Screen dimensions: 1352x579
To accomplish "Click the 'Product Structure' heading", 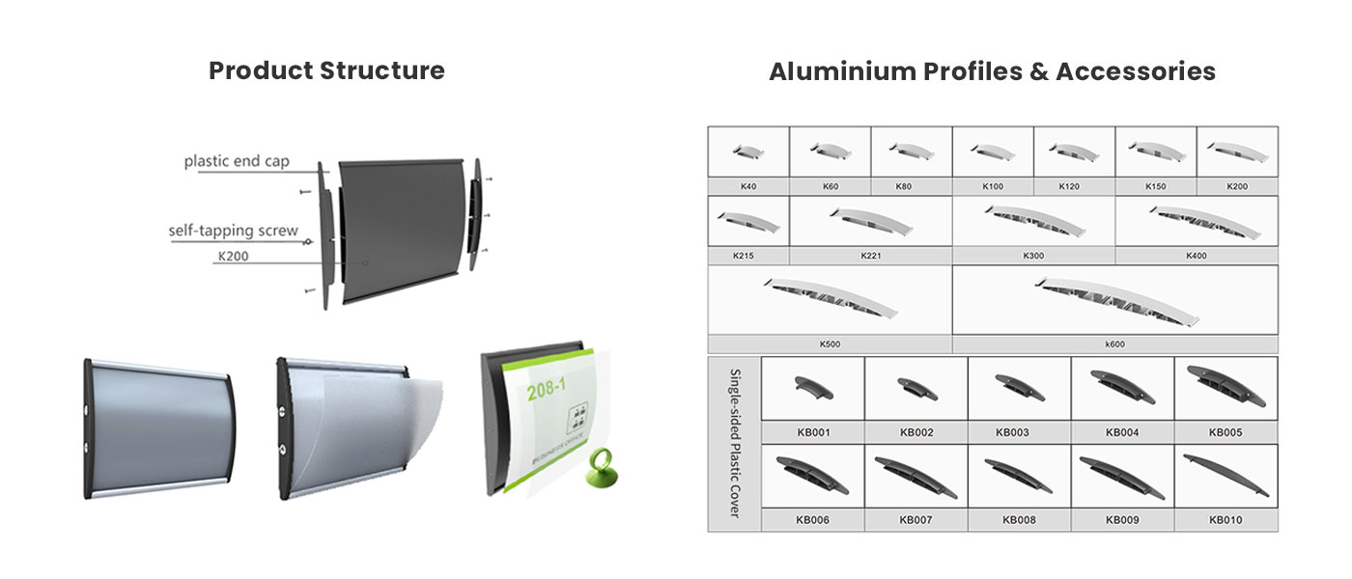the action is (326, 70).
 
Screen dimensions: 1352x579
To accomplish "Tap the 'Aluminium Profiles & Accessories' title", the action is (992, 71).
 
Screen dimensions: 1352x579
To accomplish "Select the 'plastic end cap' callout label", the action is (237, 161).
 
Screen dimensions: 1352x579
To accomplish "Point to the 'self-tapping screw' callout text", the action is (233, 231).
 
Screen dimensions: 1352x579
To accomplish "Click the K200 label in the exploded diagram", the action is (233, 257).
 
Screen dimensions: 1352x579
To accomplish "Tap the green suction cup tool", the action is (601, 468).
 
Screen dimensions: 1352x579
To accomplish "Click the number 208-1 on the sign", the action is (547, 389).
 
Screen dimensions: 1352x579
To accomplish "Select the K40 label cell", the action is (748, 186).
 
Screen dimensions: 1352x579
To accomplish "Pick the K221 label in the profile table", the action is (871, 256).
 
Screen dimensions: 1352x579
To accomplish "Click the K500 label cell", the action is (830, 344).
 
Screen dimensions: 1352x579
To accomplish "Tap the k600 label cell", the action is (1114, 344).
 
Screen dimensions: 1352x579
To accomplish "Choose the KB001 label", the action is (813, 432).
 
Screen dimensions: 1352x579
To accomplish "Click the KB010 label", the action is (1225, 520).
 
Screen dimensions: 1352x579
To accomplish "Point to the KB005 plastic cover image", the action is (1225, 387).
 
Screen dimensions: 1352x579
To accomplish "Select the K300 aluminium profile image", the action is (1034, 221).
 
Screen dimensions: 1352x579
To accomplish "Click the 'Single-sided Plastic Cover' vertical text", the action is (735, 443).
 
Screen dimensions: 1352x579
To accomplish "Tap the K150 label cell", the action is (1156, 186).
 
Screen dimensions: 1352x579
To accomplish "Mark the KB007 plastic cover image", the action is (915, 477).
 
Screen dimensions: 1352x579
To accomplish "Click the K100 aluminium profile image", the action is (993, 152).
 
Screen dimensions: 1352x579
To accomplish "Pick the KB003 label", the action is (1012, 432).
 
